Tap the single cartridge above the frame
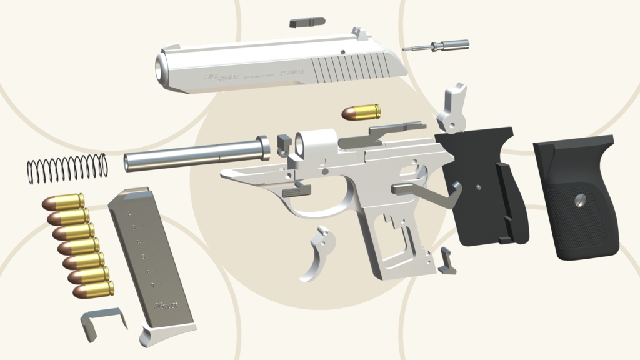pos(361,112)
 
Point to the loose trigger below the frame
pos(317,253)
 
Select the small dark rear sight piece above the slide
pos(307,22)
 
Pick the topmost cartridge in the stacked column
pos(64,202)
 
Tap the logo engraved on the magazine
pos(166,306)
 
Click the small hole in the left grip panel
pos(479,186)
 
